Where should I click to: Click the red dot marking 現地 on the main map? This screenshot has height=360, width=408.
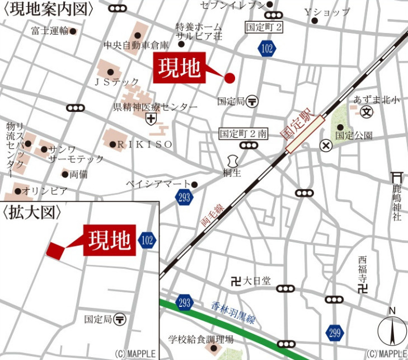pyautogui.click(x=229, y=78)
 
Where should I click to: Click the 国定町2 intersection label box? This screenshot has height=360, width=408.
pyautogui.click(x=265, y=27)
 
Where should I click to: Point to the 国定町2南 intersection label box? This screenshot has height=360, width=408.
pyautogui.click(x=243, y=134)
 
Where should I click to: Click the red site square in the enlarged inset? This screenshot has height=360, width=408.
pyautogui.click(x=55, y=250)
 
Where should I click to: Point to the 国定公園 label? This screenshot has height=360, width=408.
pyautogui.click(x=354, y=135)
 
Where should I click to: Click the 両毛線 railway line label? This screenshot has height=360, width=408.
pyautogui.click(x=213, y=214)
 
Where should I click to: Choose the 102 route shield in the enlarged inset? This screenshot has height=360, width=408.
pyautogui.click(x=147, y=240)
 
